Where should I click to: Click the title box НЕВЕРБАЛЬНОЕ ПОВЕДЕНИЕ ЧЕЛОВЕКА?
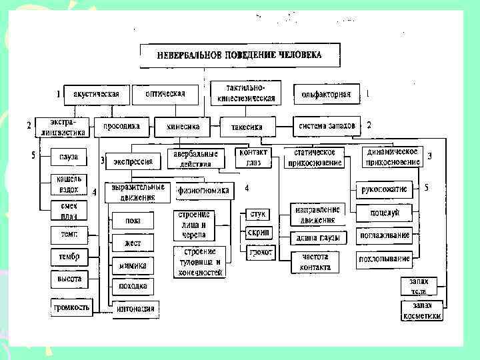(239, 55)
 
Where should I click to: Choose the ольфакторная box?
(327, 94)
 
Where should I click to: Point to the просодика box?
(121, 125)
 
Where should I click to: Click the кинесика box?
(182, 126)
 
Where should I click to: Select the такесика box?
(247, 126)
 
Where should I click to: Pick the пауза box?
(69, 157)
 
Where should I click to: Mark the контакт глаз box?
(253, 157)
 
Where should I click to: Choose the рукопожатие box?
(383, 189)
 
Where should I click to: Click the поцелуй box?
(383, 213)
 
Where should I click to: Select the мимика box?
(133, 265)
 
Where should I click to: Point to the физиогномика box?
(205, 191)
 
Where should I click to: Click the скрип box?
(258, 233)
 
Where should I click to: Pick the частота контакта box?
(315, 262)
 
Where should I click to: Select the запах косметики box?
(421, 311)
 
